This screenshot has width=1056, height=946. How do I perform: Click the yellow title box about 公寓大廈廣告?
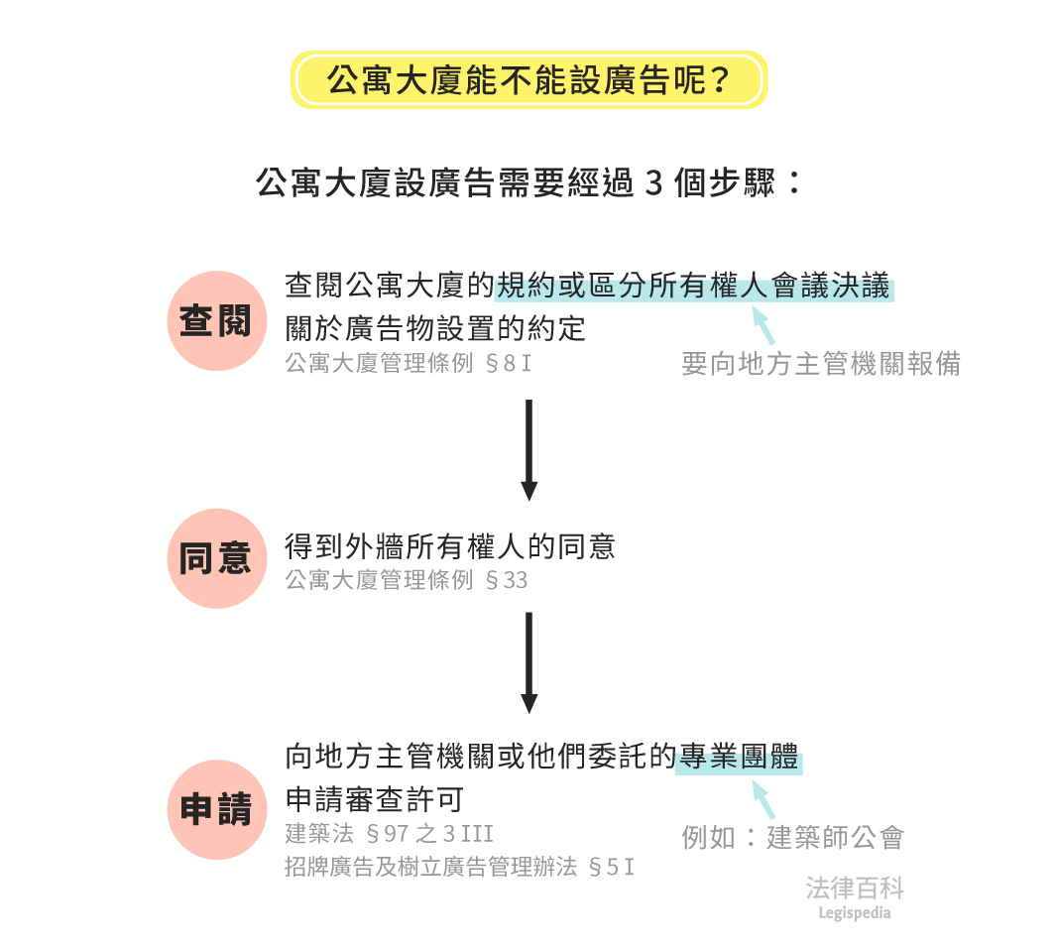point(528,80)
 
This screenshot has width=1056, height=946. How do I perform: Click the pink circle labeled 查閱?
point(216,321)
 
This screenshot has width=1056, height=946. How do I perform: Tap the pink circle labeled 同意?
point(216,558)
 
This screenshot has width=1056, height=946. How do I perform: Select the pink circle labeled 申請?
point(216,809)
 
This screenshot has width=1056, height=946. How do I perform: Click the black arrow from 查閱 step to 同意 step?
point(528,449)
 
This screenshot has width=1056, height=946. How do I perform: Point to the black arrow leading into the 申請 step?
point(528,661)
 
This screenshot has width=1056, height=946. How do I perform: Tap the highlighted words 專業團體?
point(738,760)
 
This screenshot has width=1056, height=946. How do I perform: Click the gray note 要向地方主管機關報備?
point(820,364)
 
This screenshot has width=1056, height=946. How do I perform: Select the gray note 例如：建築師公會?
point(792,837)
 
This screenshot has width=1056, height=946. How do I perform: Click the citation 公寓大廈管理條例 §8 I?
point(409,363)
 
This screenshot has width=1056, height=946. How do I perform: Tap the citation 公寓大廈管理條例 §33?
point(407,580)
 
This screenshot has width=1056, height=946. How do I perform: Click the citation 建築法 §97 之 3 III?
point(389,833)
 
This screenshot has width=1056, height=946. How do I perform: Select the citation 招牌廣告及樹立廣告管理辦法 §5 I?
point(459,868)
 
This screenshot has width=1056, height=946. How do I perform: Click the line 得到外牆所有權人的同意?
point(450,546)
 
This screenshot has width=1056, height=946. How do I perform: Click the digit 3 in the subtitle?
point(652,184)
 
